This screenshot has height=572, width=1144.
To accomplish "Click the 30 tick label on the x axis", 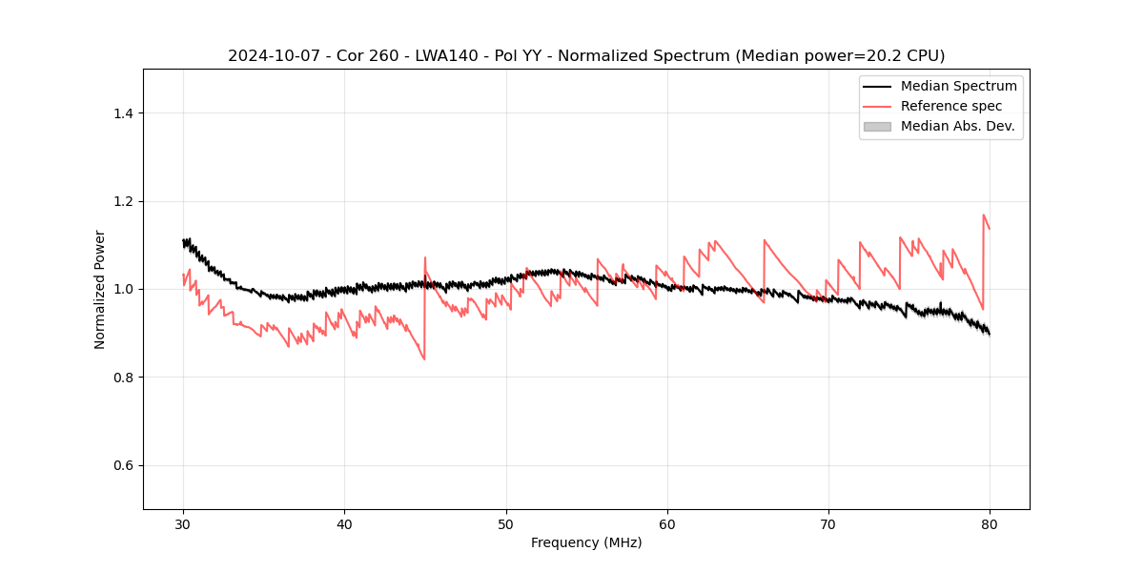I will coord(183,523).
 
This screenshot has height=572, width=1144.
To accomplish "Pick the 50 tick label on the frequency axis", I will coord(506,523).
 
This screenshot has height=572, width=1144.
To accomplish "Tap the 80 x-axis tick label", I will coord(990,523).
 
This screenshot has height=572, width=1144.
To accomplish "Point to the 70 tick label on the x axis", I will coord(828,523).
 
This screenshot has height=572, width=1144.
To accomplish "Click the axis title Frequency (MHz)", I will coord(586,542).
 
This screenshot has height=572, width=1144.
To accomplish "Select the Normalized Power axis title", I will coord(100,289).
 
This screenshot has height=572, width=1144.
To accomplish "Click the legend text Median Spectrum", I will coord(958,86).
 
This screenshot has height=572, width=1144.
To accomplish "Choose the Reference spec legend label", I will coord(951,106).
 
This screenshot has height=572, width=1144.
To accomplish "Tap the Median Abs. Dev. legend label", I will coord(957,126).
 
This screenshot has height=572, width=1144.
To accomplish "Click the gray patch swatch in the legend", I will coord(877,126).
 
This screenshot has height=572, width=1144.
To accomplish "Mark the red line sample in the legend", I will coord(877,106).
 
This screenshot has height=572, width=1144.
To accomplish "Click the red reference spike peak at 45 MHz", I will coord(425,257).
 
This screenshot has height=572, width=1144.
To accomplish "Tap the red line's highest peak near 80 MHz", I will coord(983,215).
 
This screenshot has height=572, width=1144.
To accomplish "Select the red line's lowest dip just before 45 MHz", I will coord(423,358).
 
